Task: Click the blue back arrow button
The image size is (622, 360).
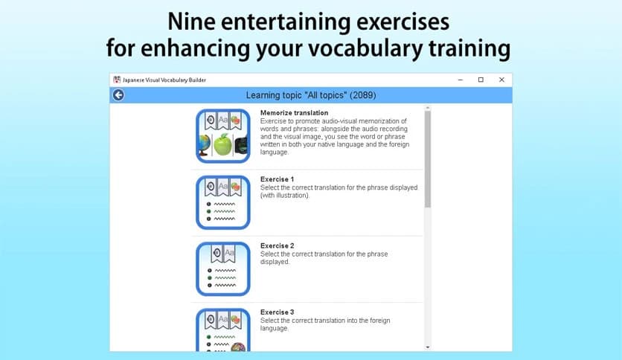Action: tap(118, 95)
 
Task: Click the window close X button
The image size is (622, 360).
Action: tap(501, 80)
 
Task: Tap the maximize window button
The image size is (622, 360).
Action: tap(481, 80)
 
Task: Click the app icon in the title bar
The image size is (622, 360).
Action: tap(117, 80)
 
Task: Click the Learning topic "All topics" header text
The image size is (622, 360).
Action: tap(310, 95)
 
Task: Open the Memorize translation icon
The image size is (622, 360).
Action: tap(223, 136)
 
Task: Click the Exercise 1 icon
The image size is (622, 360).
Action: tap(223, 202)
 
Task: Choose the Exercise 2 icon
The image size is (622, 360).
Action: tap(223, 269)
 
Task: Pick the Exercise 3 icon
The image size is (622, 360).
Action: tap(223, 329)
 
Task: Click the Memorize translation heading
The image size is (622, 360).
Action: tap(294, 113)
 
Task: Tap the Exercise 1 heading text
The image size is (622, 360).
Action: tap(277, 179)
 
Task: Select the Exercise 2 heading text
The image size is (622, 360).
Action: tap(277, 245)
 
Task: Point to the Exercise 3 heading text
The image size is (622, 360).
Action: tap(277, 312)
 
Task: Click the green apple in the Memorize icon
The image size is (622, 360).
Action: tap(223, 145)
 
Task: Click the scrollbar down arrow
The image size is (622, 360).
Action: tap(427, 347)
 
